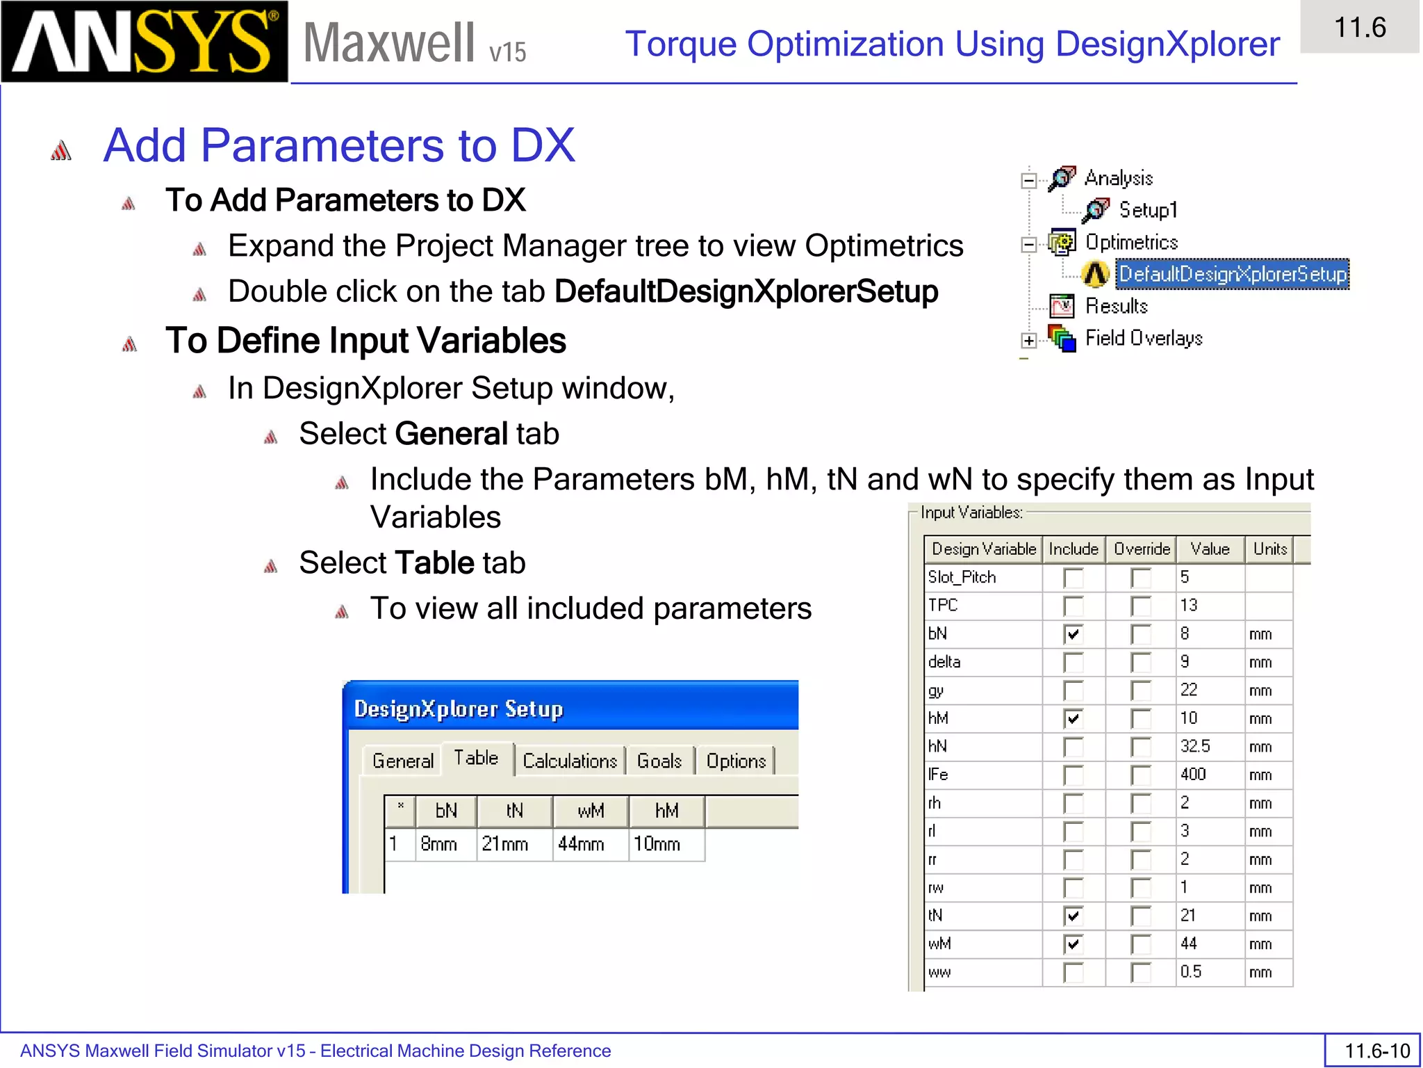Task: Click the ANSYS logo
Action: (x=144, y=42)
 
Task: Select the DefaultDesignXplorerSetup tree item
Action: (x=1232, y=274)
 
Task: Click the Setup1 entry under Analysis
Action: (x=1147, y=210)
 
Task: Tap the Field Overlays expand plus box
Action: (x=1029, y=340)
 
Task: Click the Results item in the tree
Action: (x=1116, y=306)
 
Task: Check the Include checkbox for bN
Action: (x=1073, y=634)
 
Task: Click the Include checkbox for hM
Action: (x=1073, y=718)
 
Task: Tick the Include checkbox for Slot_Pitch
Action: (x=1073, y=578)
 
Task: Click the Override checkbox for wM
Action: (x=1140, y=944)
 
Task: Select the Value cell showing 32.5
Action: (x=1209, y=747)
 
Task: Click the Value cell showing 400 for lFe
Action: (x=1209, y=775)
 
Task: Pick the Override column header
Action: (x=1142, y=549)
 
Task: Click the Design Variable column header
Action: (x=983, y=549)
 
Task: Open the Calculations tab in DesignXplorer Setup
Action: (x=570, y=761)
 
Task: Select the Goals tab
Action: (x=659, y=761)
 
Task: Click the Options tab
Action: (x=736, y=761)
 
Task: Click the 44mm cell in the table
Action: (x=590, y=845)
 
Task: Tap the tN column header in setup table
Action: (x=514, y=811)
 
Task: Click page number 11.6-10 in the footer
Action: (x=1376, y=1051)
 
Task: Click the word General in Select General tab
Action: (x=452, y=434)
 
